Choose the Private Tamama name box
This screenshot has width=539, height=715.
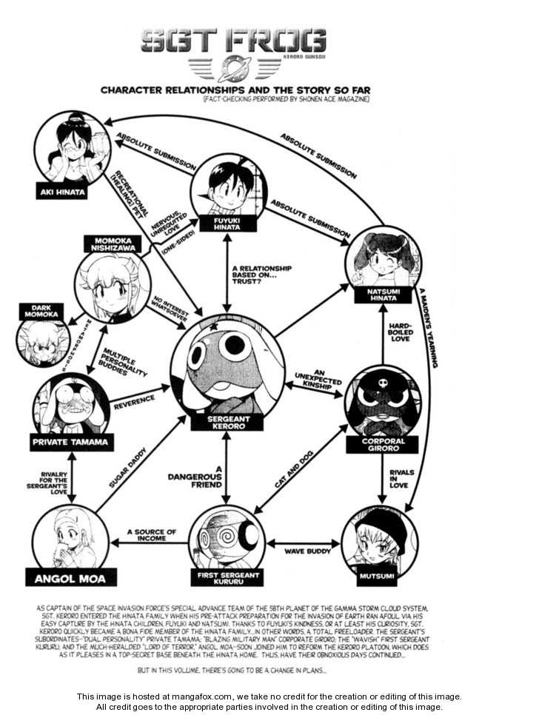click(x=71, y=443)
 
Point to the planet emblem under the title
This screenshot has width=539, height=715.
click(x=235, y=68)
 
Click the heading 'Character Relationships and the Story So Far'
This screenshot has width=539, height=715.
click(x=235, y=90)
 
